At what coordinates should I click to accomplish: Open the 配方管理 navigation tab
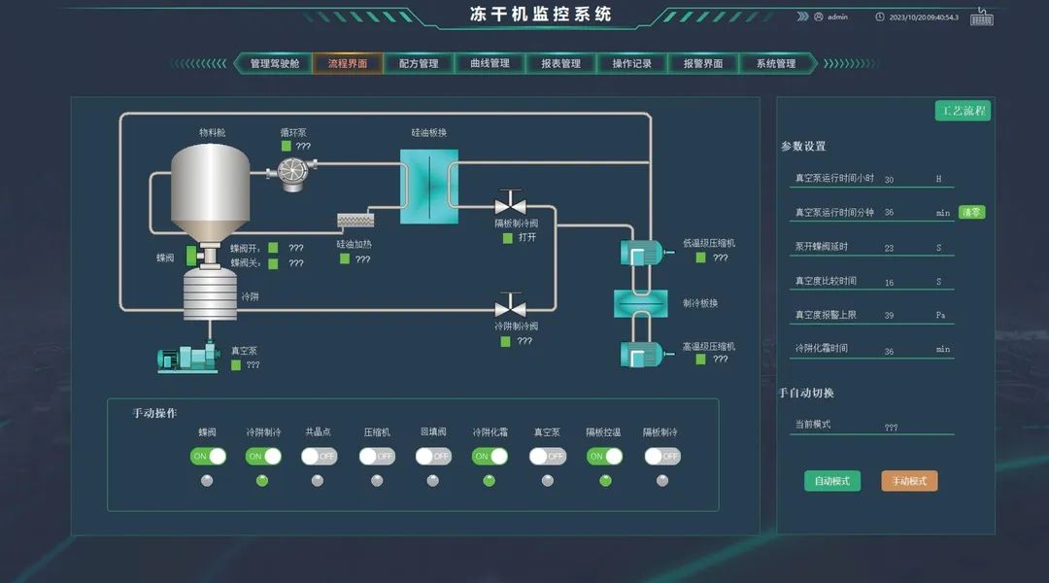click(419, 64)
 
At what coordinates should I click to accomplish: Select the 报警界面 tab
click(702, 64)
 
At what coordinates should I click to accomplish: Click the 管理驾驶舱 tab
click(274, 64)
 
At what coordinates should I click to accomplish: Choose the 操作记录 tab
click(631, 64)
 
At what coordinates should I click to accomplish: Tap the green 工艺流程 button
click(963, 111)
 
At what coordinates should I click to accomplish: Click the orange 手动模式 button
click(909, 481)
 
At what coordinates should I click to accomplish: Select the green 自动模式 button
click(831, 481)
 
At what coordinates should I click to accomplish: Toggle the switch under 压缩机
click(377, 456)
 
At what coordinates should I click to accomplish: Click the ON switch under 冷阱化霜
click(490, 456)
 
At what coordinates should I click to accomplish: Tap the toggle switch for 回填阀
click(433, 456)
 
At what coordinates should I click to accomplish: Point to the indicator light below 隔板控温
click(605, 480)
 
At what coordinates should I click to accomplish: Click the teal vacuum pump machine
click(188, 359)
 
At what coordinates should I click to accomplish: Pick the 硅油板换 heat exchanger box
click(429, 187)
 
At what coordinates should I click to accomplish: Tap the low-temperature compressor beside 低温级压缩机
click(640, 253)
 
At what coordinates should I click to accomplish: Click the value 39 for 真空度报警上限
click(889, 316)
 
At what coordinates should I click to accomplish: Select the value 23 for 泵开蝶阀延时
click(889, 248)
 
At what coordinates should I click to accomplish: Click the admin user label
click(836, 17)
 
